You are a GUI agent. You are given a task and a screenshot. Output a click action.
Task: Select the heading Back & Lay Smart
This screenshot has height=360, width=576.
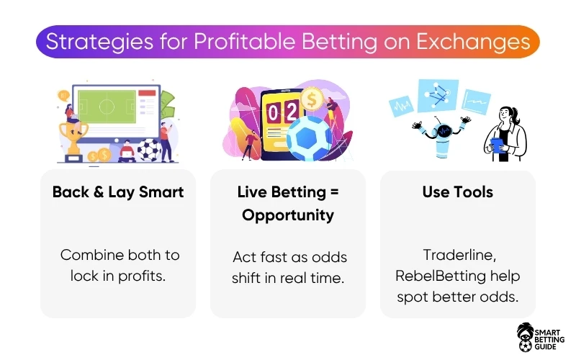[x=118, y=192]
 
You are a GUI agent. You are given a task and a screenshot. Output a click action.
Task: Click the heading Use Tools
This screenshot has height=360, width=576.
[x=458, y=192]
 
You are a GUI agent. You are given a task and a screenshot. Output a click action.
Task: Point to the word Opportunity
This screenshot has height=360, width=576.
[x=288, y=215]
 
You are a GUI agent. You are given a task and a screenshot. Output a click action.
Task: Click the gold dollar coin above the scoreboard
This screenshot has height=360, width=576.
[x=312, y=98]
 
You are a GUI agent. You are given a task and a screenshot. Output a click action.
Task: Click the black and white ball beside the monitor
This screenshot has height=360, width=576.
[x=150, y=152]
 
